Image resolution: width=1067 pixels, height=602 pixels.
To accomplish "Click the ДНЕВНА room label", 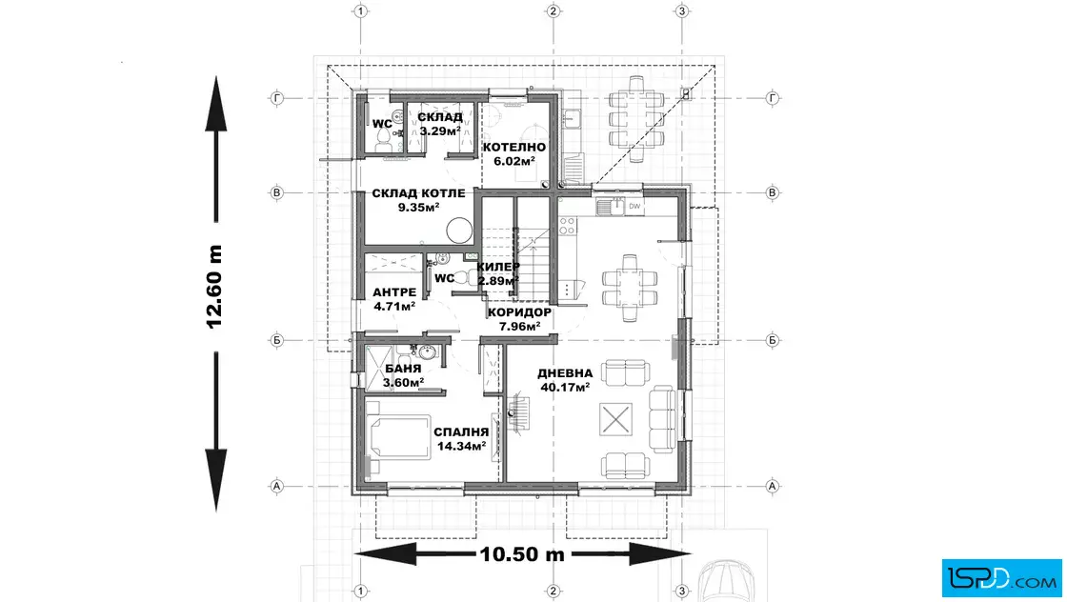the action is pos(565,373).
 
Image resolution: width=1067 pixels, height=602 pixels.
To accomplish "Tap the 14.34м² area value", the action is pos(461,446).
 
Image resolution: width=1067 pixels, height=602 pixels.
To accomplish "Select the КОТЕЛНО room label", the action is pos(514,147).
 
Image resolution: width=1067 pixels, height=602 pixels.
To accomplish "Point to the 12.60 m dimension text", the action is pos(214,287).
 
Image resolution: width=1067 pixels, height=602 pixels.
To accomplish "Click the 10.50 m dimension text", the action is pos(522,554).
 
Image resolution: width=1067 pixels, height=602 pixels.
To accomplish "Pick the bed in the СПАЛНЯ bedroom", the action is pos(398,436).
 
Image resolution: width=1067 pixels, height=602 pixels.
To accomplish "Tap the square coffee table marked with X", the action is pos(615,419).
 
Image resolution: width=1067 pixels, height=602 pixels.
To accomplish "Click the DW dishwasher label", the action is pos(634,206).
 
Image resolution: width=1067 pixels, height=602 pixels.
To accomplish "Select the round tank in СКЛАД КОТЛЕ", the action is pos(459,230).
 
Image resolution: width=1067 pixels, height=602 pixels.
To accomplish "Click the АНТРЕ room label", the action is pos(394,292).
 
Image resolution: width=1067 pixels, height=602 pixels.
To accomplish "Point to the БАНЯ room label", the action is pos(403,369).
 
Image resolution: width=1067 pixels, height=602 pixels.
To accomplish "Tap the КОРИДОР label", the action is pos(519,312).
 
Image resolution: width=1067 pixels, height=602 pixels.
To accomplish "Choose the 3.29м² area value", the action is pos(440,131).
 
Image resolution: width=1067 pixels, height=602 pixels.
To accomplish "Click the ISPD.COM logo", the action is pos(1001,578).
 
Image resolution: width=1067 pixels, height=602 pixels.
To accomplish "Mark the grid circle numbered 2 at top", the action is pos(554,10).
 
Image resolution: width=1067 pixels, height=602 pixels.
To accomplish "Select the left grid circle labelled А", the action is pos(276,487).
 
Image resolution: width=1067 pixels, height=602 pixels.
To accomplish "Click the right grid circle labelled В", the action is pos(772,192).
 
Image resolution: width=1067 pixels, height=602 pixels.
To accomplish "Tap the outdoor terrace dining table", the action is pos(637,120).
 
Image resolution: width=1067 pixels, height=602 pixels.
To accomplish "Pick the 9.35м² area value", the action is pos(418,208).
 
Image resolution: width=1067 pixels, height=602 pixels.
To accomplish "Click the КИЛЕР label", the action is pos(498,267).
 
